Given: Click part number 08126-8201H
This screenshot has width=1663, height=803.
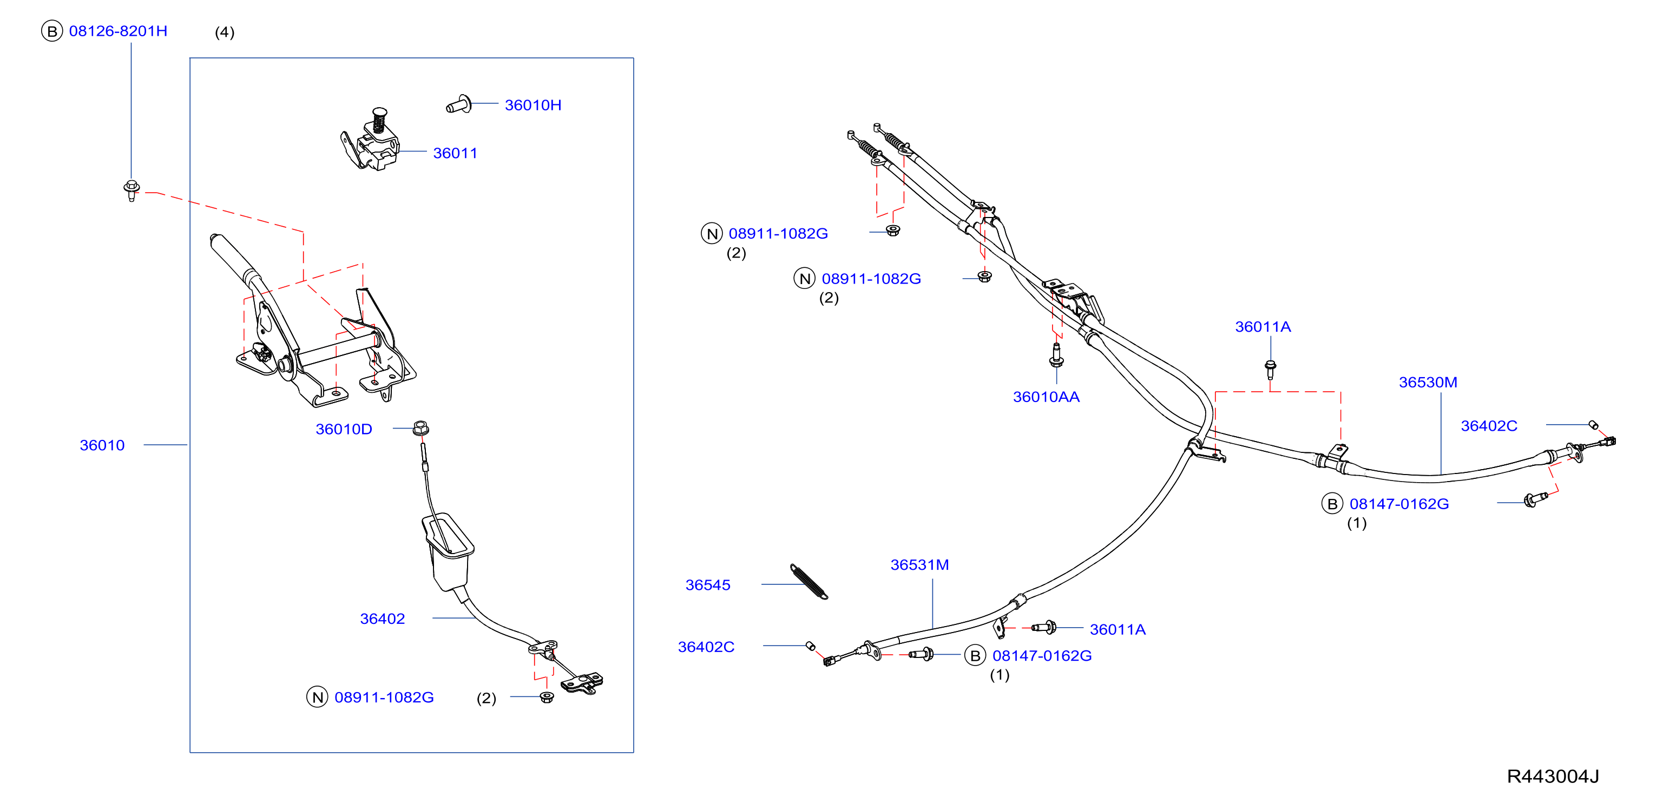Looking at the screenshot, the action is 118,31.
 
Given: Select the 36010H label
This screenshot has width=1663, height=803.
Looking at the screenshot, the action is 533,105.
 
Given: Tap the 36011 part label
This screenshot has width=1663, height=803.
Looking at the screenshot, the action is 455,153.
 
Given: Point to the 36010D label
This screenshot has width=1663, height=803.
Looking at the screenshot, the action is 344,429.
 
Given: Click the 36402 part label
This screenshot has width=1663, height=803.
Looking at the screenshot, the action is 382,619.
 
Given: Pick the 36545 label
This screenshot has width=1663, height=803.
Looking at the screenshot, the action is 707,585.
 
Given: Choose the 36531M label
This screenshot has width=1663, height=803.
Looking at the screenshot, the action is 919,565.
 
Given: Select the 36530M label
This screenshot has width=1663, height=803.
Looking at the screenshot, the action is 1428,382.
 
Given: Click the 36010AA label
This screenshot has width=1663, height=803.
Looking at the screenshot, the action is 1046,397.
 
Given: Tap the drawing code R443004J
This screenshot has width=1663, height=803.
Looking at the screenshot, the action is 1553,776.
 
